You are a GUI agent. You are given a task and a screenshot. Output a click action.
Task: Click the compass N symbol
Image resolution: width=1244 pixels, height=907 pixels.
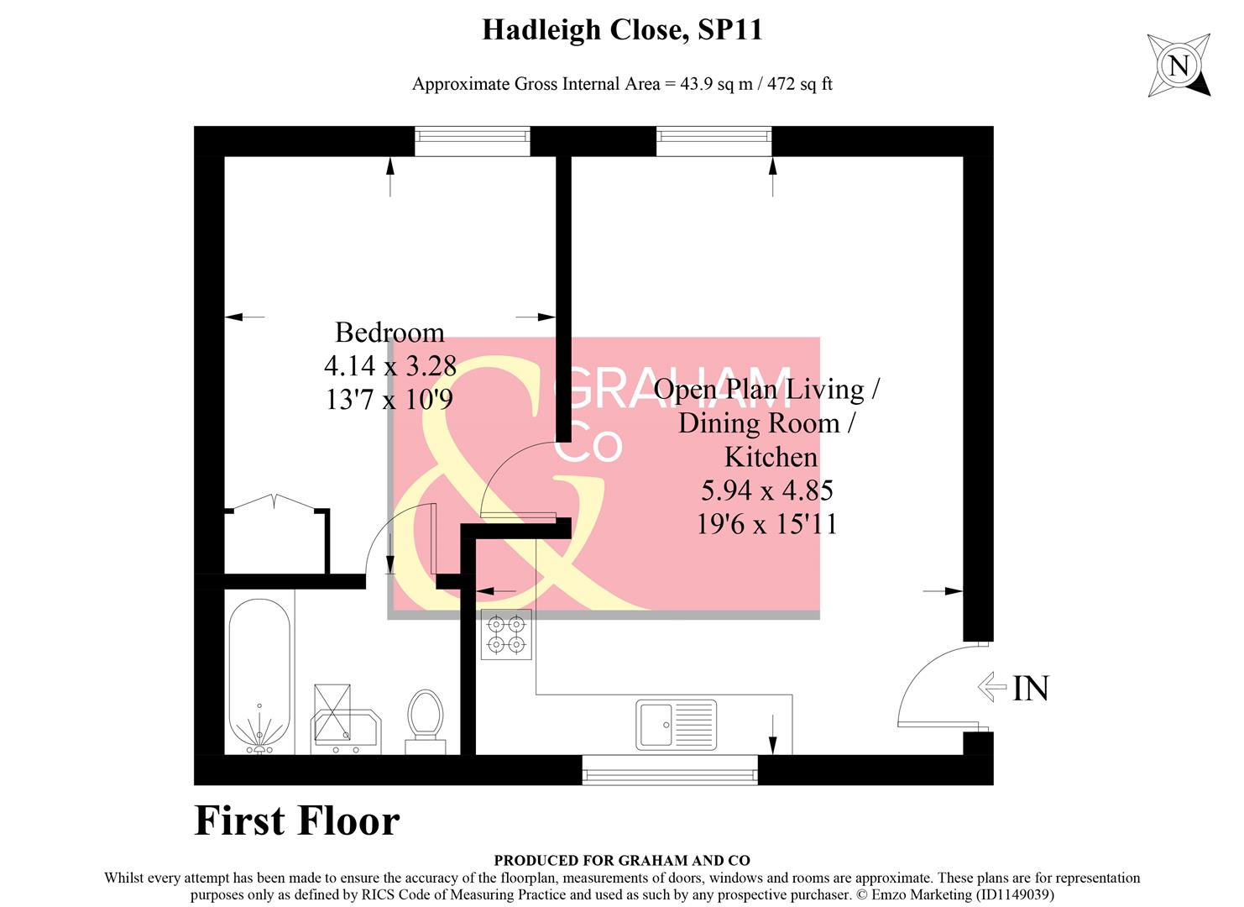[x=1179, y=66]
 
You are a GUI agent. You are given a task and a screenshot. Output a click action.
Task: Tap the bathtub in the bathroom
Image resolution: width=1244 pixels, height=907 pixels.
[x=259, y=676]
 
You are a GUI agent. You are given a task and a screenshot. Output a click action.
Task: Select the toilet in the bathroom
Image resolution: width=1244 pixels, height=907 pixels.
[x=425, y=721]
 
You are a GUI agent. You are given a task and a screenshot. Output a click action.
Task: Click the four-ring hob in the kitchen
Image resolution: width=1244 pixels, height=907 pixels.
[x=506, y=634]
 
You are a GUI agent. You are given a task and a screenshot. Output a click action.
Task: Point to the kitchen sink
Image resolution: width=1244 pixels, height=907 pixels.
[x=676, y=724]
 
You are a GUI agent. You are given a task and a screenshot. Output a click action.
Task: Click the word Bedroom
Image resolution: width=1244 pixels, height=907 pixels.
[x=389, y=333]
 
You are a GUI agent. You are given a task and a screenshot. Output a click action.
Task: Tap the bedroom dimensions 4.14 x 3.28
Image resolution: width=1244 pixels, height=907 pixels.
[x=389, y=365]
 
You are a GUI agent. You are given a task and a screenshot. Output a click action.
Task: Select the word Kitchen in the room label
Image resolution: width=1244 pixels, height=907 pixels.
[x=771, y=457]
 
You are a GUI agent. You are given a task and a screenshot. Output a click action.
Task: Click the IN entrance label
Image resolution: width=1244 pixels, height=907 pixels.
[x=1031, y=689]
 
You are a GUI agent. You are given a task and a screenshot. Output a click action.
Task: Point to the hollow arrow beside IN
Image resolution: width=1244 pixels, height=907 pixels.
[x=992, y=688]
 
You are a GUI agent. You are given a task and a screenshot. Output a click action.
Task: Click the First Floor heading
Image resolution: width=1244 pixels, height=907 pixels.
[x=296, y=820]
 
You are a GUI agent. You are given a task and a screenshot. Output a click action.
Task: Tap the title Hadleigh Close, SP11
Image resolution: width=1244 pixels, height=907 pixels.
[x=622, y=29]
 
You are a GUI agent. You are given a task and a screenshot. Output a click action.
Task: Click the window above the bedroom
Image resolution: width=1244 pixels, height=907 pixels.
[x=472, y=142]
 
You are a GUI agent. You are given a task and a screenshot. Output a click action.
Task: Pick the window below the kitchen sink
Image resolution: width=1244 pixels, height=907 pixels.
[x=670, y=770]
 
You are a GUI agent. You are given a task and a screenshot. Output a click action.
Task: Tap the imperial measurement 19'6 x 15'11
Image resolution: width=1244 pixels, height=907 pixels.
[x=767, y=524]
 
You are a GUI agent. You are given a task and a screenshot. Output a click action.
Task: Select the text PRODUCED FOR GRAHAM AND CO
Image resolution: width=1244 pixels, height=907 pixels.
[x=622, y=860]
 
